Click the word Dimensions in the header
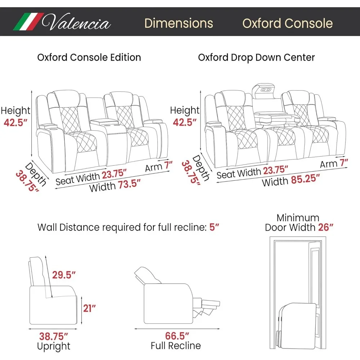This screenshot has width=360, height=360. click(x=179, y=23)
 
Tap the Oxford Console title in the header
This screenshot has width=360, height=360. click(x=287, y=23)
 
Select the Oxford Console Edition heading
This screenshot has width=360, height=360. click(x=89, y=57)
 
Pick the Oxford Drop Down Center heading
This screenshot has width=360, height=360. click(x=256, y=57)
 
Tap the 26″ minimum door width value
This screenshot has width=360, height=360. click(x=326, y=227)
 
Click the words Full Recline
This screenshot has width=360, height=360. click(x=175, y=346)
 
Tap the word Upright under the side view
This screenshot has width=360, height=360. click(x=54, y=346)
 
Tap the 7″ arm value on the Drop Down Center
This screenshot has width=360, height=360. click(x=344, y=163)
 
